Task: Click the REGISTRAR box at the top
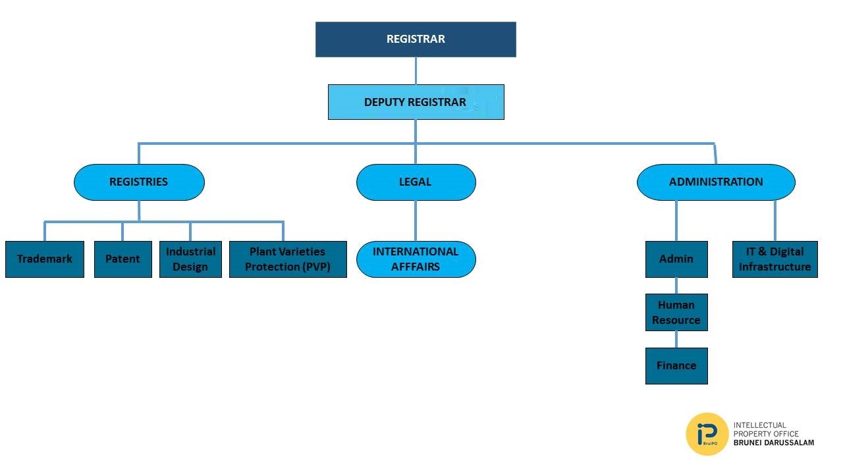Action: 416,39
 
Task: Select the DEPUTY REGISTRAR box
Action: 416,102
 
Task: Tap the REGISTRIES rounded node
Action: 139,182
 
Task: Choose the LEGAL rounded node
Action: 416,182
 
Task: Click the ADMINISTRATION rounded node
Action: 716,182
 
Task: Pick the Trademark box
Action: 45,259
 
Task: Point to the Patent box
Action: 122,259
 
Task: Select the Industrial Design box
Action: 190,259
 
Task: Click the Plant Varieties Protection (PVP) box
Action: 288,259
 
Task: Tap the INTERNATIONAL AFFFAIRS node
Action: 416,259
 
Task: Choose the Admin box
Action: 676,259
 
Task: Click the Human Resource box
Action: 676,313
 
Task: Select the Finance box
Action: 676,366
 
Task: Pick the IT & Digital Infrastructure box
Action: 775,259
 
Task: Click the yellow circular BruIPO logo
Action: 707,434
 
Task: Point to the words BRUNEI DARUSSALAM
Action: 774,443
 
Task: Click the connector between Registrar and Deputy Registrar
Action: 416,70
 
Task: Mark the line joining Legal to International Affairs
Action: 416,221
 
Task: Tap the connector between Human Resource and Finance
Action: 676,339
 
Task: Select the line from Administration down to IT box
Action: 775,221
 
